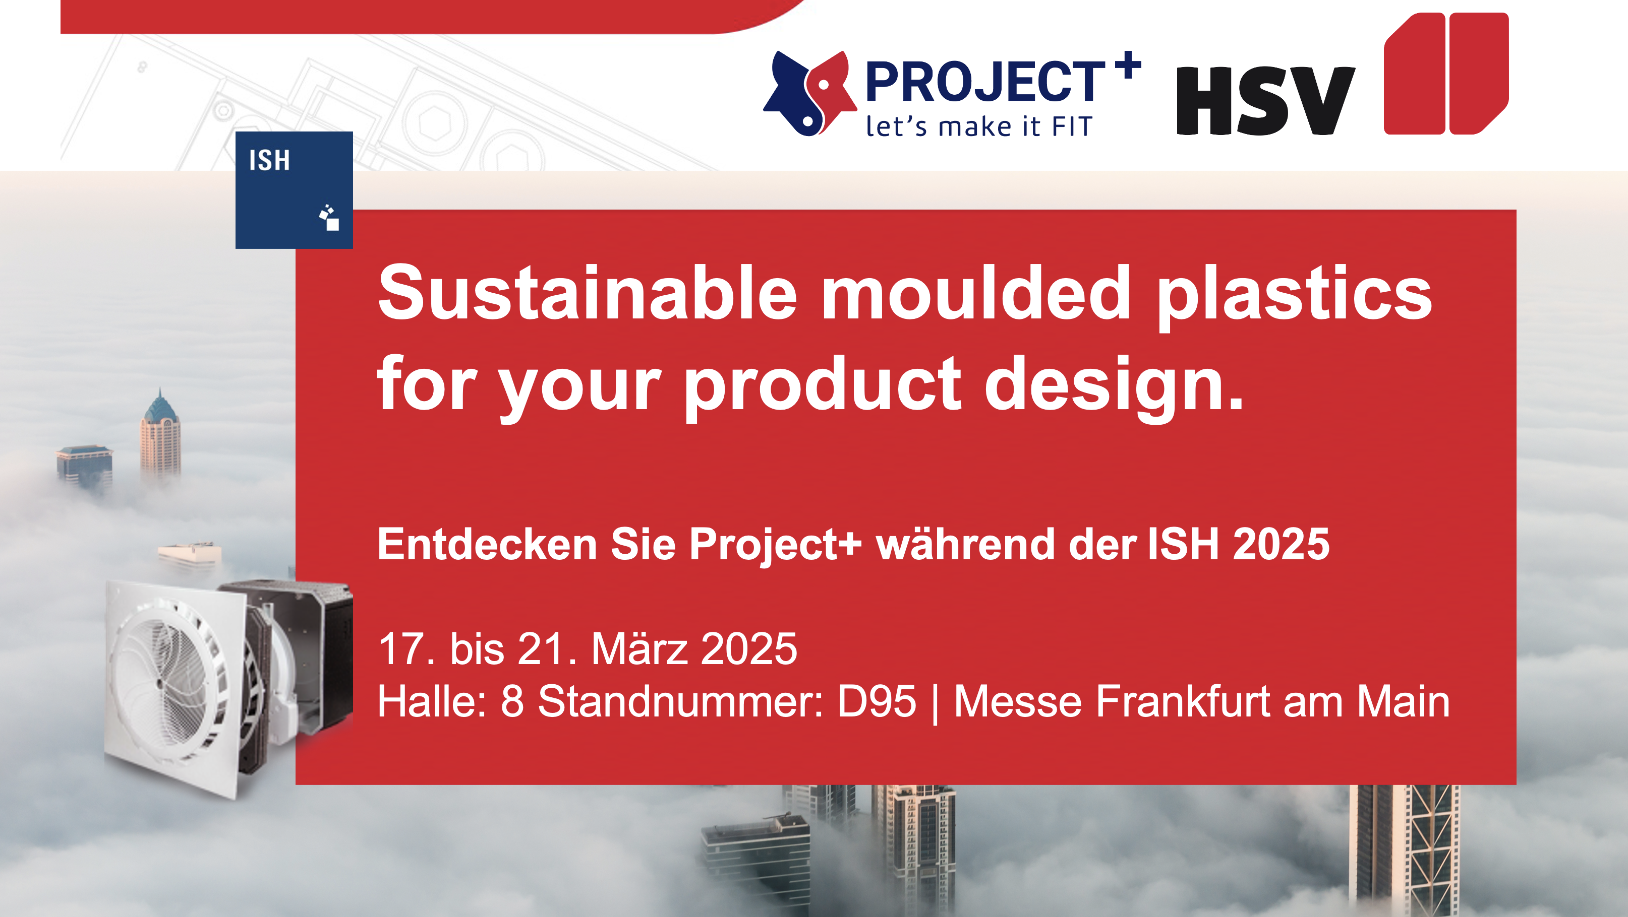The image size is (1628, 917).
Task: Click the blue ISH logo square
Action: click(294, 189)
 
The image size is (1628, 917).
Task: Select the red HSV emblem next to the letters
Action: click(1446, 73)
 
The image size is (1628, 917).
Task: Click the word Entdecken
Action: click(487, 544)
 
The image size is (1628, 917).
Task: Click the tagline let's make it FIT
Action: click(979, 126)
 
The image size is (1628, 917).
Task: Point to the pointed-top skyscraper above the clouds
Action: click(160, 436)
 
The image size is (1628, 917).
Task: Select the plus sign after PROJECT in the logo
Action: click(1128, 64)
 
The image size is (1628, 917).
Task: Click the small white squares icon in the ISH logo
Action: click(329, 217)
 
